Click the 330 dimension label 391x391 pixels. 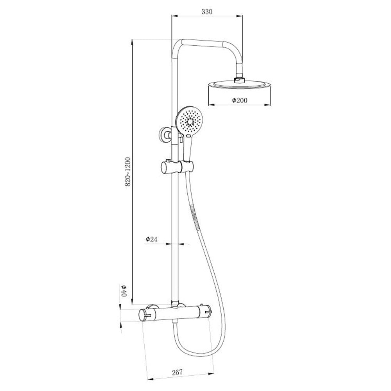(x=206, y=12)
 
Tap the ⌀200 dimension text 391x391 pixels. (x=239, y=100)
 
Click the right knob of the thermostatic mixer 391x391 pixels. (x=206, y=312)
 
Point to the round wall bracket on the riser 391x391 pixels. (x=167, y=136)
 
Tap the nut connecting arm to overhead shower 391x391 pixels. (x=239, y=80)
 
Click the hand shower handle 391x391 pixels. (x=188, y=149)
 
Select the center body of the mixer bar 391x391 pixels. (x=176, y=313)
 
